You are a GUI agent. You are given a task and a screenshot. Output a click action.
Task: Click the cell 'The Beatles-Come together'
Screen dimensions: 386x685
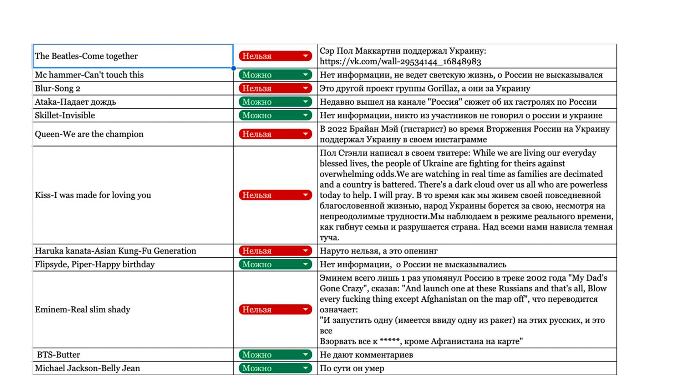coord(86,56)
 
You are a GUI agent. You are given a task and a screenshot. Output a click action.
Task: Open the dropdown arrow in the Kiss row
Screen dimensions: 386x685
coord(305,195)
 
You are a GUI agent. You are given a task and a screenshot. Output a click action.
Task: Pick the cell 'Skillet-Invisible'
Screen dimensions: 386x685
coord(65,115)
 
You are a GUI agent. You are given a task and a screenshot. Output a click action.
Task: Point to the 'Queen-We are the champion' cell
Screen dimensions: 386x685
coord(89,134)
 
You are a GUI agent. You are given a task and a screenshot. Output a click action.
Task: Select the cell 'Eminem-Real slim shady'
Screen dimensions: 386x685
coord(82,310)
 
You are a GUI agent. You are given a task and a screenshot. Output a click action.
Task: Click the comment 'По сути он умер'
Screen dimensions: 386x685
coord(352,368)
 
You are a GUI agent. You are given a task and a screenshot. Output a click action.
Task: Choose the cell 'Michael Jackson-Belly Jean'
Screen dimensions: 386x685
coord(87,368)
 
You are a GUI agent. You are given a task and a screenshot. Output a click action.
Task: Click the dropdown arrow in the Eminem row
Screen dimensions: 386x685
coord(305,310)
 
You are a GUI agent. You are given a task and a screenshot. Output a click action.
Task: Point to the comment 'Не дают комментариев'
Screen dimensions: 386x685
coord(366,355)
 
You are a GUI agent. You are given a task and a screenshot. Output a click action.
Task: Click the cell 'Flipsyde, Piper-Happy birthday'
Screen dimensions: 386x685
coord(95,264)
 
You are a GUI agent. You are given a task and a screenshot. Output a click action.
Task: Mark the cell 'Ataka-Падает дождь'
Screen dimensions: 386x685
coord(75,102)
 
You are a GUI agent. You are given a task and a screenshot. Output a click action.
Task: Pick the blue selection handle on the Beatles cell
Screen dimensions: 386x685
coord(233,68)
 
